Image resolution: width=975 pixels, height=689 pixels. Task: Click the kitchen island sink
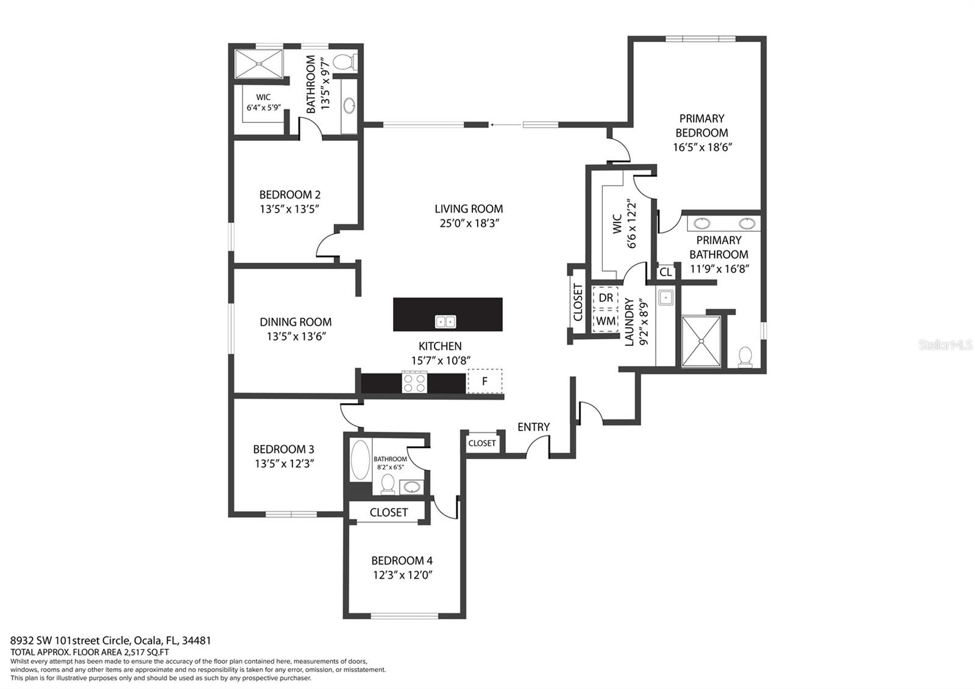446,321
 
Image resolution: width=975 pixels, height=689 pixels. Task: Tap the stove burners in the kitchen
414,382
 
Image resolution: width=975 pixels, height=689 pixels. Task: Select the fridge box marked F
485,381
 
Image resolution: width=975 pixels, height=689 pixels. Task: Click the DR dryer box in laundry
606,298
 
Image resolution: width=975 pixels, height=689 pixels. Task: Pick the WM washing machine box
606,321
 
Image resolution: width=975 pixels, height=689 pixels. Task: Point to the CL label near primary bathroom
665,273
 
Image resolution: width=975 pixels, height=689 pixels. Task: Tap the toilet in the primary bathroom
745,356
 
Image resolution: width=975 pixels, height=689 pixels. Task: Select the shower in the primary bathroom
701,341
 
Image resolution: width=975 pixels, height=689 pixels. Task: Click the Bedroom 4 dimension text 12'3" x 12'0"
403,575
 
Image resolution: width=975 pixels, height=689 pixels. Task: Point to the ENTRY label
533,427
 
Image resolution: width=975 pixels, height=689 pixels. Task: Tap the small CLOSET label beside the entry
482,443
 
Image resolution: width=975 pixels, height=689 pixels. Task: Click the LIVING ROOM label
469,209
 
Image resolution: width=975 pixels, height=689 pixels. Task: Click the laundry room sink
665,298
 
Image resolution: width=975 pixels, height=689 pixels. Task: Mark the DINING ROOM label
296,322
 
